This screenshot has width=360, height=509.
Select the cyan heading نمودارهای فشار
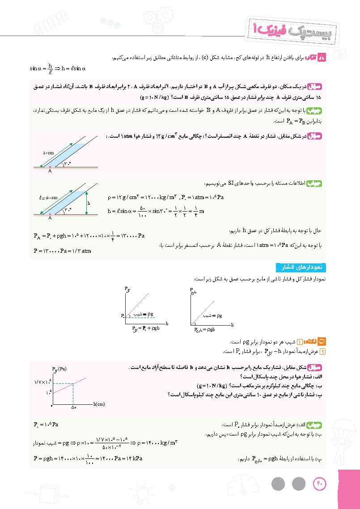(300, 267)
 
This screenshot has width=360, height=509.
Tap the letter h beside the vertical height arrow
(90, 203)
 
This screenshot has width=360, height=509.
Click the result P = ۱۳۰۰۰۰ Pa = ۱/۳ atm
(62, 251)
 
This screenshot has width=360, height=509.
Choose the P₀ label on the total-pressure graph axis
(122, 316)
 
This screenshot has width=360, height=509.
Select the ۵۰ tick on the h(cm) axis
(73, 407)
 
